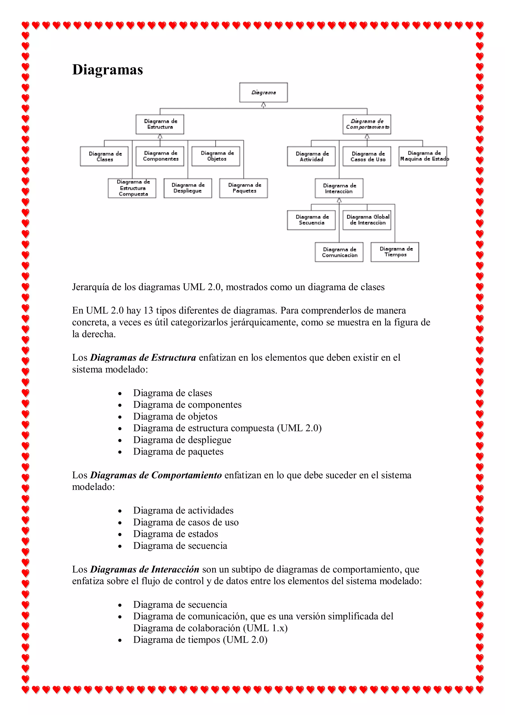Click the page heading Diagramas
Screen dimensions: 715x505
107,69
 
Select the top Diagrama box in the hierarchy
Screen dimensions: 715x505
263,93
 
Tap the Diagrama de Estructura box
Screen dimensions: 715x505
160,124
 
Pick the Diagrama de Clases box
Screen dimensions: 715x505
104,156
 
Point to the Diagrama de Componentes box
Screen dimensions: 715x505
160,156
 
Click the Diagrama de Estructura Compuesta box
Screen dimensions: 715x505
132,188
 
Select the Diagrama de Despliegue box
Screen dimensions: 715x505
188,188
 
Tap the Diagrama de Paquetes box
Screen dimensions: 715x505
243,188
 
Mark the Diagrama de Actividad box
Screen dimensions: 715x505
311,156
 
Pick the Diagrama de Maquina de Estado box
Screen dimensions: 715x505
423,156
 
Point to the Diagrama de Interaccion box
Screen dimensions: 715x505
339,188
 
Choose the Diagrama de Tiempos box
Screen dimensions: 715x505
395,252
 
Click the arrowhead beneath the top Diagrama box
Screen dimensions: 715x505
263,105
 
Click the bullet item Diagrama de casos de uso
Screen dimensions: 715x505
186,522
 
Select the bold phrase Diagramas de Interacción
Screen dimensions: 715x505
144,569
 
